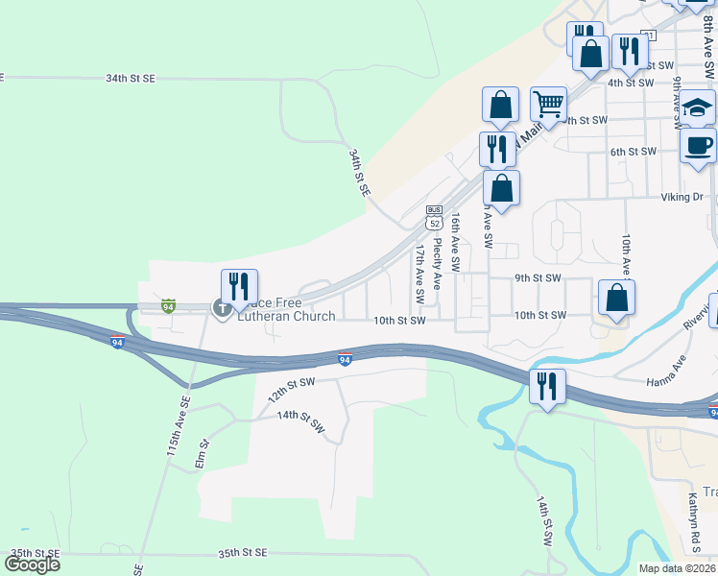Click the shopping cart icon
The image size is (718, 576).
point(548,104)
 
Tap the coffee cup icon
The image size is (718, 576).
point(698,146)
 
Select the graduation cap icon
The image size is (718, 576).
point(698,108)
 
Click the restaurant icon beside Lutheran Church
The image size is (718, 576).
point(239,286)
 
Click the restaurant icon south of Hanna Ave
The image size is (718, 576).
point(547,386)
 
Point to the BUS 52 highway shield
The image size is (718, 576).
point(434,218)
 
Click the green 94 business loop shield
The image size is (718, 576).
point(168,306)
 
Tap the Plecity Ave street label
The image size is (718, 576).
point(437,266)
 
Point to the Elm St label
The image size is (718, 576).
point(202,454)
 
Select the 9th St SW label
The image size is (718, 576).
point(537,278)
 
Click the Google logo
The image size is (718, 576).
point(33,564)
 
